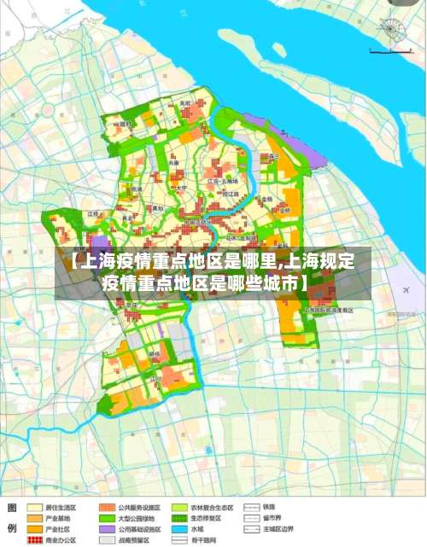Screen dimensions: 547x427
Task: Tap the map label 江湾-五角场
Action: point(221,182)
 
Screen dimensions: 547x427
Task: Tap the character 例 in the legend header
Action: point(13,529)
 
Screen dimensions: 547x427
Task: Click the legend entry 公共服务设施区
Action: point(142,506)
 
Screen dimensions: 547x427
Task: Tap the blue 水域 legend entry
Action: point(208,529)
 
